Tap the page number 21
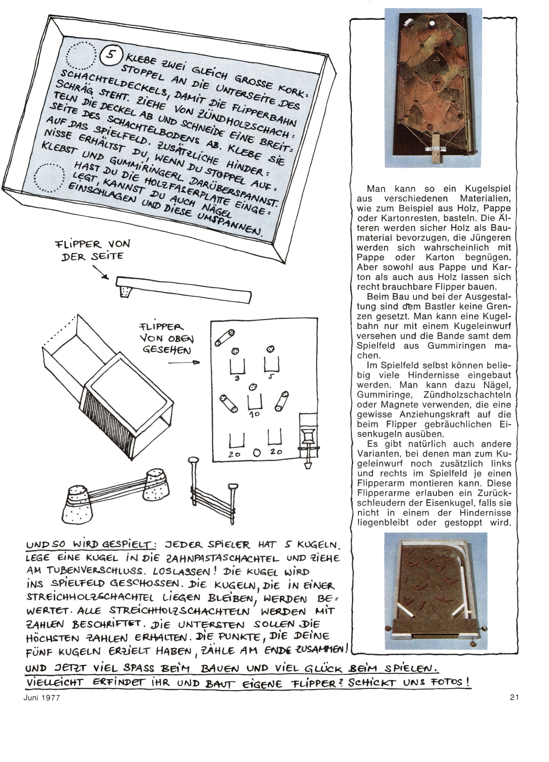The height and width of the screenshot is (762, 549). click(514, 698)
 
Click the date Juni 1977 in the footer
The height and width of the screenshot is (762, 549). click(42, 698)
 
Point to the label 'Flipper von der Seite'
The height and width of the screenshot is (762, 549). click(92, 250)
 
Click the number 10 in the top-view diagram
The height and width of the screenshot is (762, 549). click(254, 414)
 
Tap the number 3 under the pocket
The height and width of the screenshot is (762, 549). click(237, 378)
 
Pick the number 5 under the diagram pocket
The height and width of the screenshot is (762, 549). click(271, 377)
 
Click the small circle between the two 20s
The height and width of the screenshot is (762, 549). click(257, 453)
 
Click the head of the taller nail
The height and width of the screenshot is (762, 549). click(193, 460)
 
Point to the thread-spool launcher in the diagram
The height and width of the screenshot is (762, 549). click(308, 438)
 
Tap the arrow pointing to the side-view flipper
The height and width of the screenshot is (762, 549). click(100, 272)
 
